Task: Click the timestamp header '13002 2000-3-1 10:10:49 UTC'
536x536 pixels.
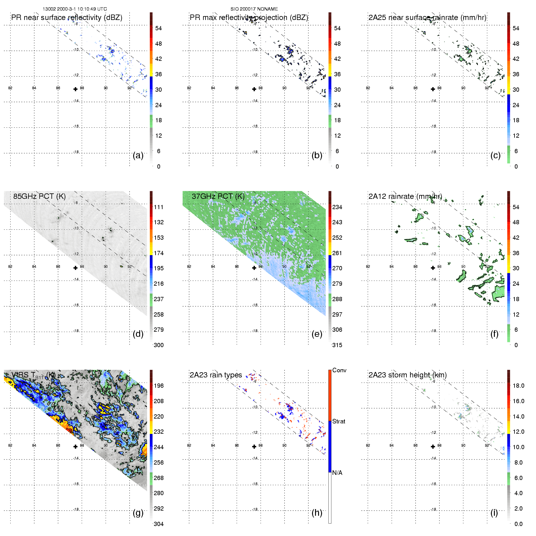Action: point(74,9)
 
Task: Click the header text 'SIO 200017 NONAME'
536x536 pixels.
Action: point(254,9)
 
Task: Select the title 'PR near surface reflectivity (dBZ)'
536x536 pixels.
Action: point(67,18)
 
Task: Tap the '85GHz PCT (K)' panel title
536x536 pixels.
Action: point(39,196)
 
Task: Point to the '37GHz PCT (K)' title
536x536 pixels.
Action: point(218,196)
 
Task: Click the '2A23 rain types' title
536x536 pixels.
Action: point(216,375)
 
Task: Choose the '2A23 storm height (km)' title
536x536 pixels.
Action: point(407,375)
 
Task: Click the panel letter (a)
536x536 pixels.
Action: point(138,155)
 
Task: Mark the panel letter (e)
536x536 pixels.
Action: point(317,334)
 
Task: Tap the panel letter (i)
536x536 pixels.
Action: point(494,513)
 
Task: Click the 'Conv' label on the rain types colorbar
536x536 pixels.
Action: point(339,370)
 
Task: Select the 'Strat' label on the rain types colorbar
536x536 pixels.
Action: point(339,421)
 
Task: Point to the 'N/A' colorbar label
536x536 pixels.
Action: point(337,473)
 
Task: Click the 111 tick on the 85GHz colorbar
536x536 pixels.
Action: point(159,207)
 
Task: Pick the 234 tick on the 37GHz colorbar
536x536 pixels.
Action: point(337,207)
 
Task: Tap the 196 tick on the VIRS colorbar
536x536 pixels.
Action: point(159,386)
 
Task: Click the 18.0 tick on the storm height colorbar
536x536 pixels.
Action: point(518,386)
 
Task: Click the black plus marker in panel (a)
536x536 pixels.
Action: point(75,89)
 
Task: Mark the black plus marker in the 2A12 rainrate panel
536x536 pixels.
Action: point(433,268)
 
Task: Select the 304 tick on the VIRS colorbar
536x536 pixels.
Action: point(159,524)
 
